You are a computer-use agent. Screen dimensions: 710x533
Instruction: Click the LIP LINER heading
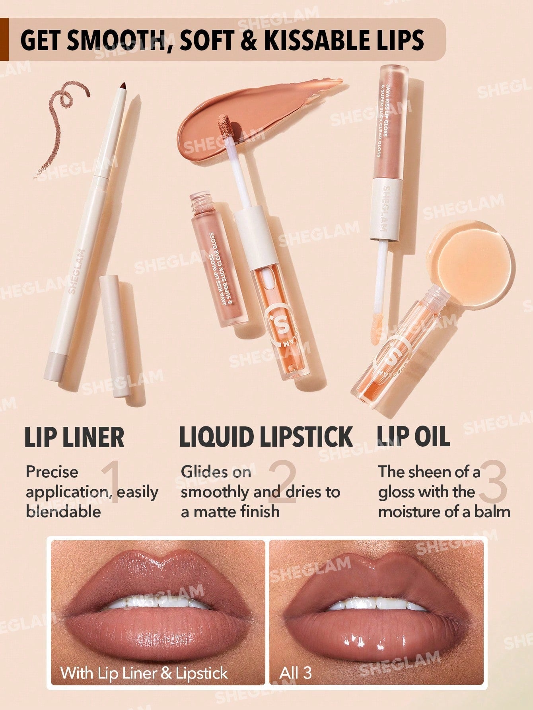click(x=74, y=437)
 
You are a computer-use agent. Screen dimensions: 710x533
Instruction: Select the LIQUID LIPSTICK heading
click(x=266, y=437)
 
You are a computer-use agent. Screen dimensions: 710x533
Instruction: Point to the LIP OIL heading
click(x=413, y=436)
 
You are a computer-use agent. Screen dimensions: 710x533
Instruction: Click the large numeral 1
click(x=110, y=482)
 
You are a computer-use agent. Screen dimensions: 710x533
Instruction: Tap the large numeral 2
click(x=282, y=482)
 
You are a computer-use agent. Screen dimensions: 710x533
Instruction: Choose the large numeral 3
click(x=493, y=482)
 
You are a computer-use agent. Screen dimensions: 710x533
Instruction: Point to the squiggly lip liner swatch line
click(x=60, y=119)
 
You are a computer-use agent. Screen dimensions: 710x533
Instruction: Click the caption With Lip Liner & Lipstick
click(x=144, y=673)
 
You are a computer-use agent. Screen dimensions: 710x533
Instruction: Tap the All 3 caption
click(x=295, y=673)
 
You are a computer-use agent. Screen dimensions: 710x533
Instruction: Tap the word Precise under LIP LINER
click(x=52, y=472)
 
